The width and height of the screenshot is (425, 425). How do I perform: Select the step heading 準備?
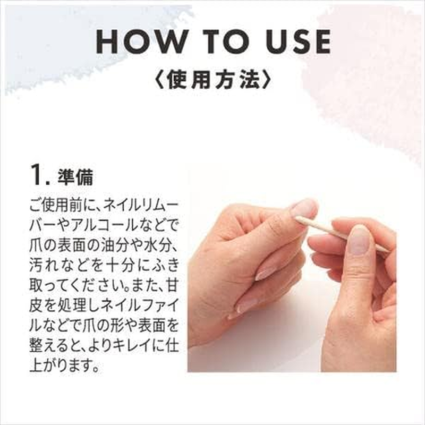78,177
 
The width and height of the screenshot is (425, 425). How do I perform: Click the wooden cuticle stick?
340,232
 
